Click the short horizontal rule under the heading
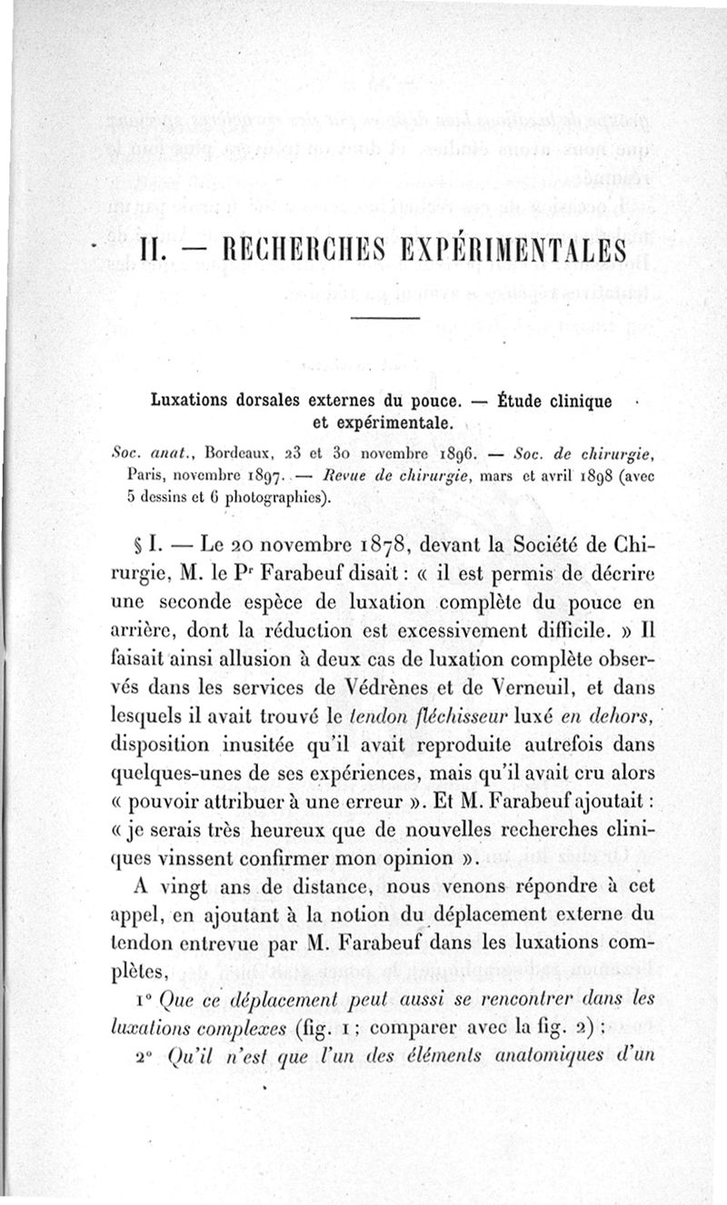point(384,317)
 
